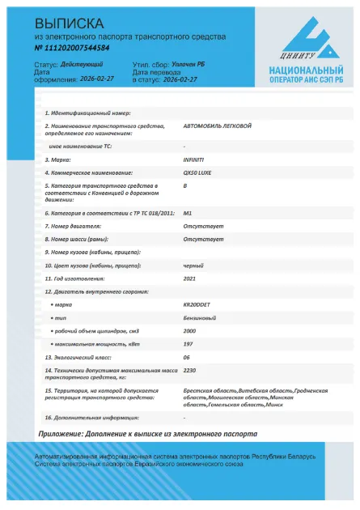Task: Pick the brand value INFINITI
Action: coord(195,160)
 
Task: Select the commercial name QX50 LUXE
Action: coord(198,173)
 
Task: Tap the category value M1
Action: coord(187,213)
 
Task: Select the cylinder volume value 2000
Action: coord(189,331)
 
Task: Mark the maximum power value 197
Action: coord(188,344)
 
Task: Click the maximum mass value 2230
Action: coord(189,370)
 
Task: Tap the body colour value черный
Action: coord(193,265)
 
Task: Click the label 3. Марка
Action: coord(59,160)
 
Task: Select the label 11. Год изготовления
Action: coord(78,278)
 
